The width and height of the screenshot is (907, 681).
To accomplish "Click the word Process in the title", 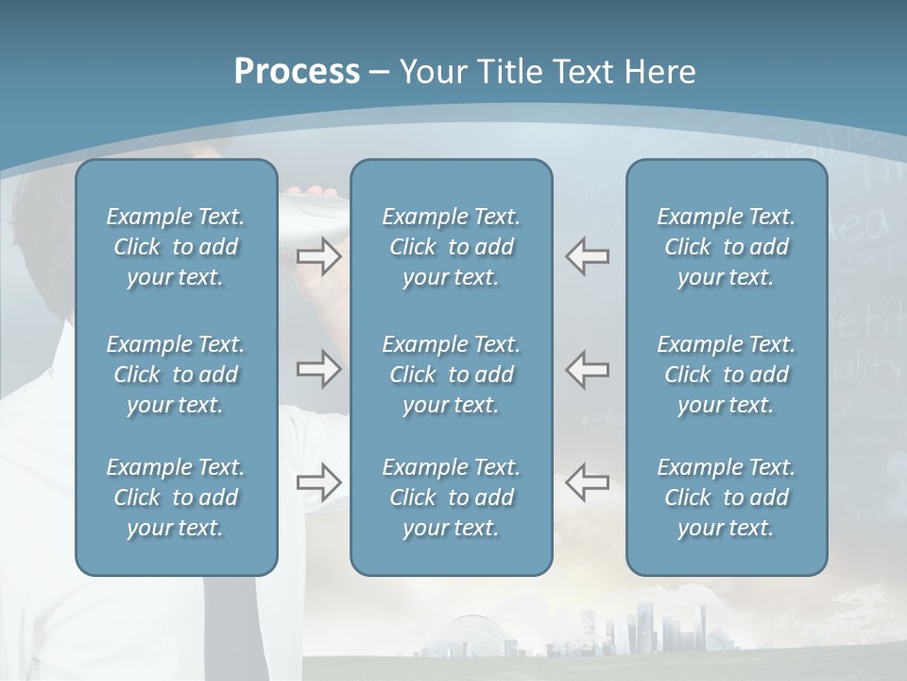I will coord(297,72).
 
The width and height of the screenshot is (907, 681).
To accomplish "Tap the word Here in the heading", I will coord(660,72).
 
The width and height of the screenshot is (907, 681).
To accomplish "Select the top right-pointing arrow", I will coord(319,256).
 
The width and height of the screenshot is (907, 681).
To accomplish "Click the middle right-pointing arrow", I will coord(319,369).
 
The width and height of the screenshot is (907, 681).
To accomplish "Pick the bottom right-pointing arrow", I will coord(319,482).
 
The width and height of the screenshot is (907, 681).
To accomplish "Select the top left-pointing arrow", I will coord(587,256).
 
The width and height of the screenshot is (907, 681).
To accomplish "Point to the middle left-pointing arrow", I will coord(587,369).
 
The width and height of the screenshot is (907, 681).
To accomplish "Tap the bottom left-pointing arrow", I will coord(587,482).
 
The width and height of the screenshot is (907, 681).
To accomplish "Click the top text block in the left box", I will coord(176,247).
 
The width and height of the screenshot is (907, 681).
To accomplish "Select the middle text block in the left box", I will coord(176,375).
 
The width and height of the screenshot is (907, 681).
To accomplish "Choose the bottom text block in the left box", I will coord(176,498).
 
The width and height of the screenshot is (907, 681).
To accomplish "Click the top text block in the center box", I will coord(451,247).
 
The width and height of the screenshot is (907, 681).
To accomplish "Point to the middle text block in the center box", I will coord(451,375).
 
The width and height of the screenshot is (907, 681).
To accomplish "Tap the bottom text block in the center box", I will coord(451,498).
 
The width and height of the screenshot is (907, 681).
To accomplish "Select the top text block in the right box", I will coord(727,247).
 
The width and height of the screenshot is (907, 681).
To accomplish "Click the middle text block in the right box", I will coord(727,375).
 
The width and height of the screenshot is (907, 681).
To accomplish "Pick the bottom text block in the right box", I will coord(727,498).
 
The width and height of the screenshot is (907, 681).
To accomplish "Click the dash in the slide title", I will coord(379,73).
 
